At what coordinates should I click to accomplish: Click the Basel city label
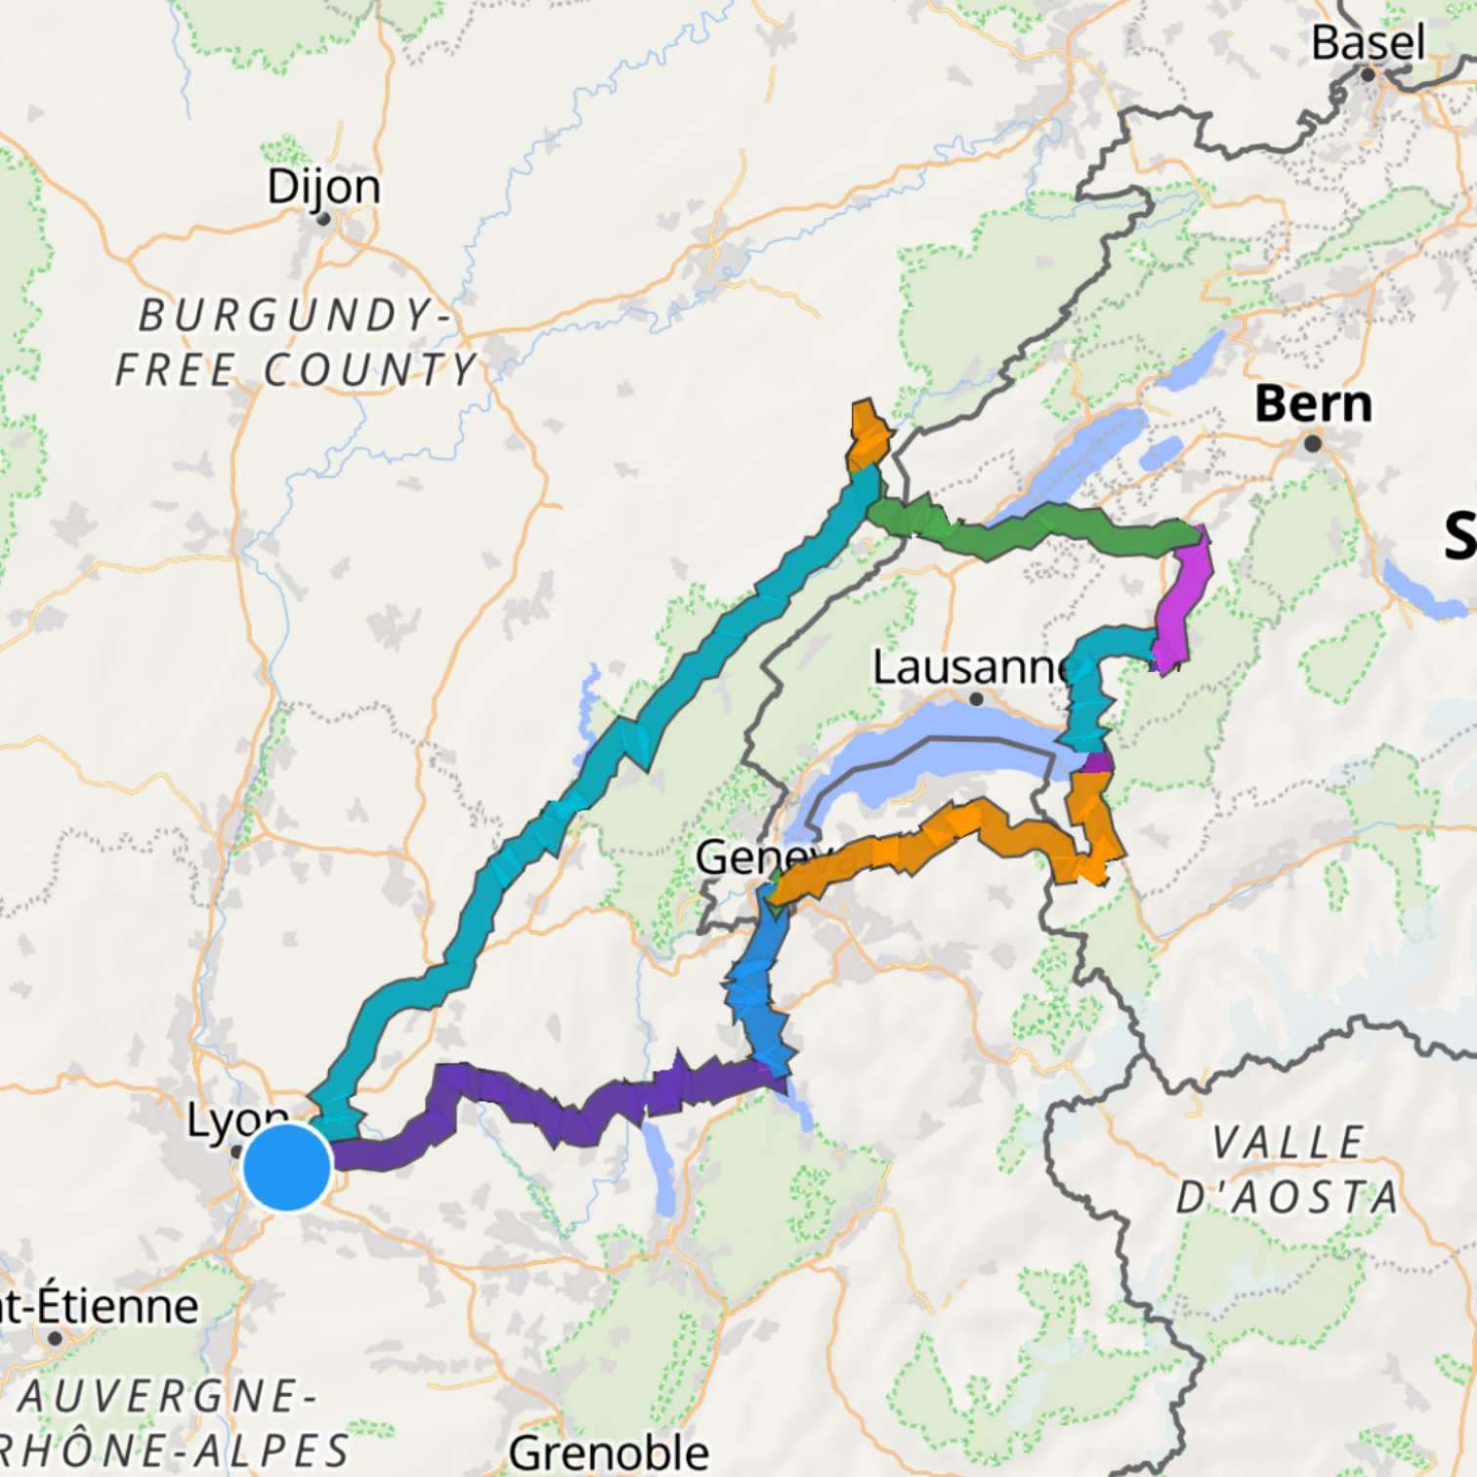tap(1367, 43)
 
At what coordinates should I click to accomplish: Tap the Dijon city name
tap(323, 186)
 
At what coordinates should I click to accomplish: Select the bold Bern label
tap(1313, 404)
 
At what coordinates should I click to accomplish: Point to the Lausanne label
tap(972, 668)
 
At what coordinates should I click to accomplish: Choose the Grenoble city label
tap(609, 1453)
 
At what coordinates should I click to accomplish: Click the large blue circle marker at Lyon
tap(287, 1167)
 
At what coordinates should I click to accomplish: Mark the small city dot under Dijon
tap(323, 219)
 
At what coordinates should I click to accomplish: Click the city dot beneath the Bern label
tap(1313, 443)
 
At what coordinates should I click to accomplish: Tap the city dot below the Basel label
tap(1368, 74)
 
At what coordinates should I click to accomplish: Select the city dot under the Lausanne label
tap(976, 698)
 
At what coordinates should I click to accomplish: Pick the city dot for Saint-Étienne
tap(56, 1337)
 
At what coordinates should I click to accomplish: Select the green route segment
tap(1026, 531)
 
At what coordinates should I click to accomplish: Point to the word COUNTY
tap(370, 370)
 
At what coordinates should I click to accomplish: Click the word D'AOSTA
tap(1287, 1197)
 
